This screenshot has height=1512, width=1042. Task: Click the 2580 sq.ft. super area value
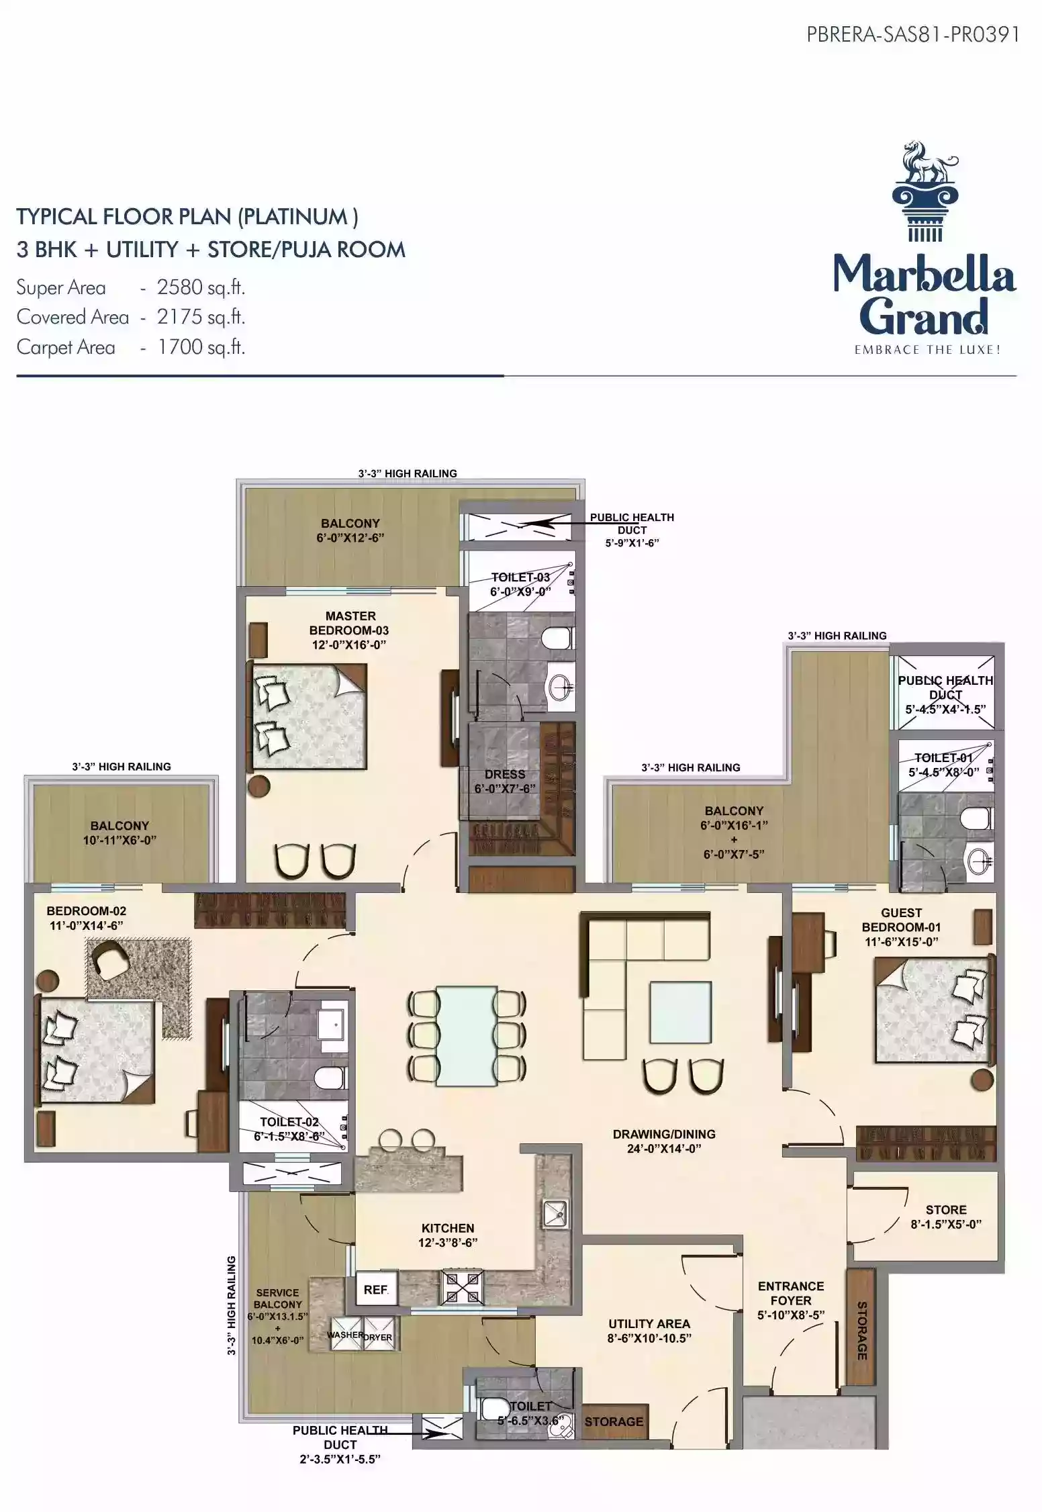(x=201, y=287)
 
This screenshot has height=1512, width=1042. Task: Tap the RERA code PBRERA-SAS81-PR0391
(x=913, y=35)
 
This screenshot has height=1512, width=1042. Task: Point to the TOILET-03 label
(x=520, y=577)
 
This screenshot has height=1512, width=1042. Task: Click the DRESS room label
(x=505, y=774)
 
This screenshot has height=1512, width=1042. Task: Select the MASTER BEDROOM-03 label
(x=349, y=623)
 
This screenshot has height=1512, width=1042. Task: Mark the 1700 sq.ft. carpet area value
(x=201, y=347)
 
